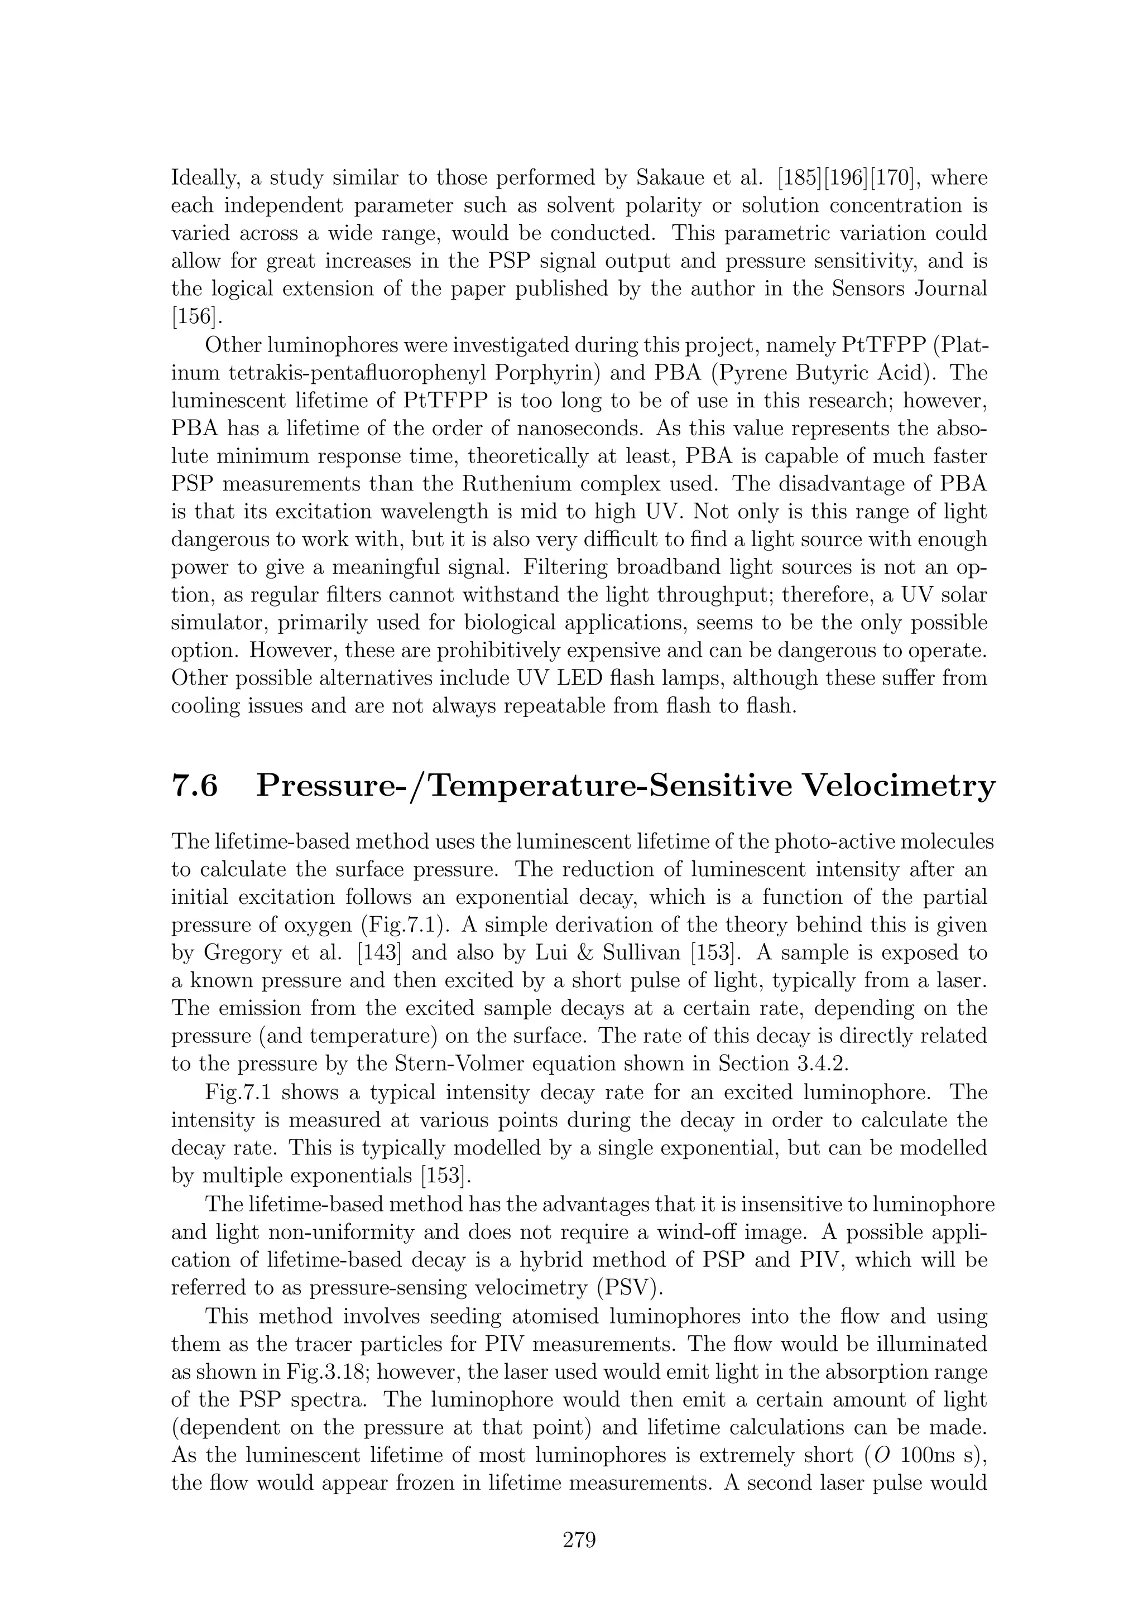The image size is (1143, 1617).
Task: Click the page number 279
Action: [579, 1540]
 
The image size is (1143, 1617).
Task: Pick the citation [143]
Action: [380, 954]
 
